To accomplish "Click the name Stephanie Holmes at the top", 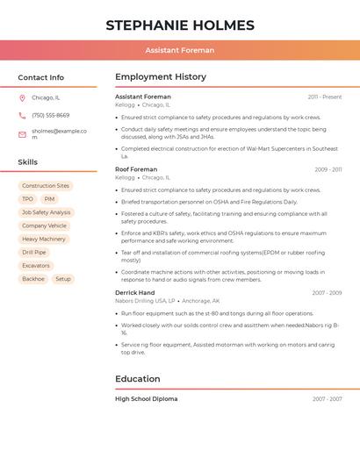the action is click(x=180, y=25).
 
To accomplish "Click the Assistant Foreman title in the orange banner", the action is click(x=180, y=51).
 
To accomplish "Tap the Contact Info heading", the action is click(x=40, y=77).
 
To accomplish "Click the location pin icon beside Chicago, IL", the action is click(x=22, y=98).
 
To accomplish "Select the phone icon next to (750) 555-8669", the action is click(x=22, y=116).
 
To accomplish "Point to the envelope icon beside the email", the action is click(x=22, y=134).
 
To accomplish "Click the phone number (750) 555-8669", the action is click(x=51, y=116).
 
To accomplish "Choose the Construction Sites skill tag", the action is click(x=46, y=186).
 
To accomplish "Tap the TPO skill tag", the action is click(x=27, y=199).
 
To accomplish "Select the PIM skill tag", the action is click(x=49, y=199).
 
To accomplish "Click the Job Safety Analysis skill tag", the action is click(x=46, y=212).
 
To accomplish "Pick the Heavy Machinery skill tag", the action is click(x=44, y=239).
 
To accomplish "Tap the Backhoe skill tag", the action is click(x=32, y=279).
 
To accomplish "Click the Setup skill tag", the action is click(x=63, y=279).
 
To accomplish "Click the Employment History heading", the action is click(x=161, y=77).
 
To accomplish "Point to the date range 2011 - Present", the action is click(x=325, y=97).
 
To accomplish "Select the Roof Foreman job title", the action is click(x=136, y=169).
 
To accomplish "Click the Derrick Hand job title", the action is click(x=134, y=293).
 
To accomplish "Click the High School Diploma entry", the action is click(x=146, y=399).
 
